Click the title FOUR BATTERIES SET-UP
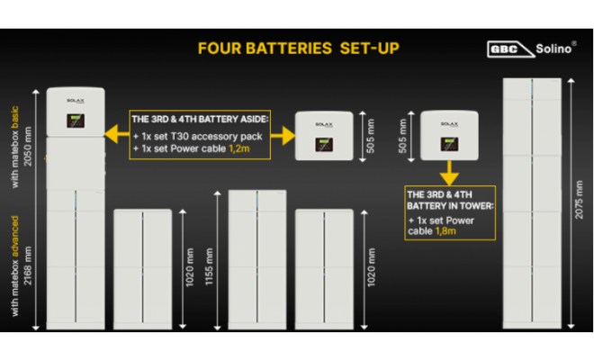pyautogui.click(x=297, y=48)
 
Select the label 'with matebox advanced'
pyautogui.click(x=19, y=261)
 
